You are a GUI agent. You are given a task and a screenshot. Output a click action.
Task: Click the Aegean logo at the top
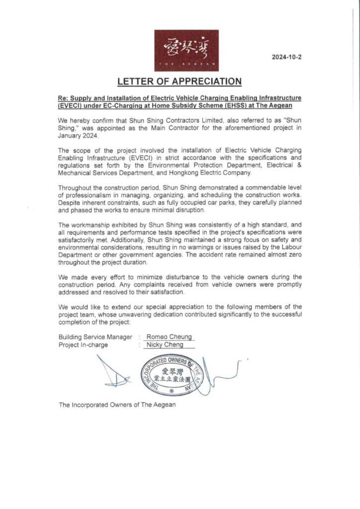[x=186, y=50]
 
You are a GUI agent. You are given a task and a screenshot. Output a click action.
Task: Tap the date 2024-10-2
[x=286, y=57]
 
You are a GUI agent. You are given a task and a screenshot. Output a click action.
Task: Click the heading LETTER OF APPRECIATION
[x=180, y=81]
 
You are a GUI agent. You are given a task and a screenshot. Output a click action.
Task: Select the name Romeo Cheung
[x=168, y=337]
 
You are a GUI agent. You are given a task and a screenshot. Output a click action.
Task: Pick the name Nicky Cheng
[x=165, y=344]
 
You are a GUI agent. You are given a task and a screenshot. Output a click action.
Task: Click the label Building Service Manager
[x=95, y=337]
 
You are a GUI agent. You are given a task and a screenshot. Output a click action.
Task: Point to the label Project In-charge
[x=83, y=344]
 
